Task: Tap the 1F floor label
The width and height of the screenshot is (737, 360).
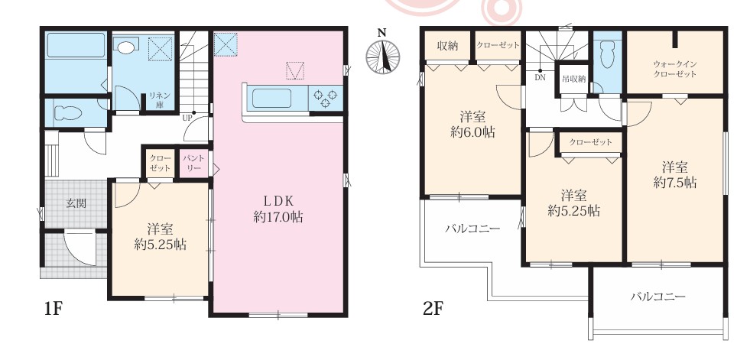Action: [x=54, y=309]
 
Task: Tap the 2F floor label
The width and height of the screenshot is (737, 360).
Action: [x=433, y=309]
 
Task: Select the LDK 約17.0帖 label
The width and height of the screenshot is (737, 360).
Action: [x=278, y=209]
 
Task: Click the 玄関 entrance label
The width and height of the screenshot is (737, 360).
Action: [x=76, y=203]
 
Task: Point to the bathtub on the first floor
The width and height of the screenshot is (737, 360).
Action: [x=76, y=45]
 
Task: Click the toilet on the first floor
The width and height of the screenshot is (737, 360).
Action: [x=68, y=113]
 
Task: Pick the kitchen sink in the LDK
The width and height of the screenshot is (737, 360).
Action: [x=271, y=99]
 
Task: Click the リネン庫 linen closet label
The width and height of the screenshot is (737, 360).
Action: [x=157, y=99]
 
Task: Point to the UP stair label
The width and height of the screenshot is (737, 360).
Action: [x=187, y=118]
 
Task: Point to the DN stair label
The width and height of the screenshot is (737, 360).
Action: [x=540, y=78]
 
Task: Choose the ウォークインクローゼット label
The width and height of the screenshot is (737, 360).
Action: [x=674, y=69]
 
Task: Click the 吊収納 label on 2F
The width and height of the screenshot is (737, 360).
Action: [x=573, y=79]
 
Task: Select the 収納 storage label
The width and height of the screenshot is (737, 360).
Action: [x=447, y=46]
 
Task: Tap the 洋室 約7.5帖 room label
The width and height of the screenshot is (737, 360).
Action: [x=675, y=174]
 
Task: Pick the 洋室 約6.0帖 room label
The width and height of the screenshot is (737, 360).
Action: [x=472, y=124]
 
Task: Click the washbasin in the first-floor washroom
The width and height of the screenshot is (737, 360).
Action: [x=125, y=47]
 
